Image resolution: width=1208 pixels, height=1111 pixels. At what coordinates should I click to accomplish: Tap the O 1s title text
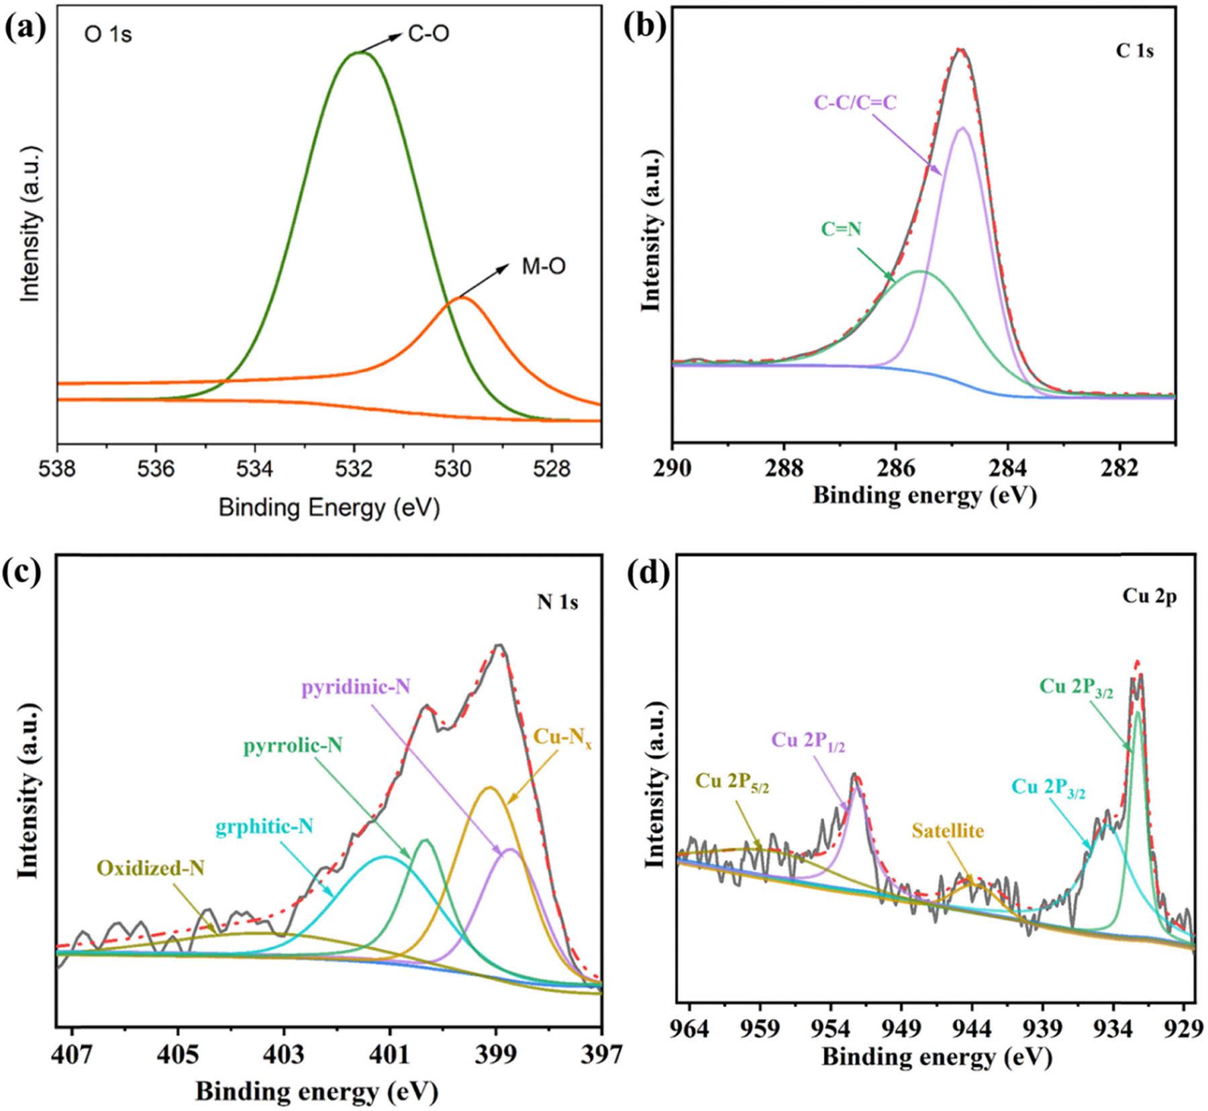[108, 34]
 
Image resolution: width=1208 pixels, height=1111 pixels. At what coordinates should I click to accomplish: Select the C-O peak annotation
[428, 34]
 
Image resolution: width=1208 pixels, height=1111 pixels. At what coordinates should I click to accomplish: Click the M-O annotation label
[544, 267]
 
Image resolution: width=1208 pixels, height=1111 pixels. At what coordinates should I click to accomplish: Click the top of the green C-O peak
[359, 52]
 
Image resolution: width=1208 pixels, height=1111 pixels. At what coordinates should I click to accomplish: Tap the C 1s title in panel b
[1134, 51]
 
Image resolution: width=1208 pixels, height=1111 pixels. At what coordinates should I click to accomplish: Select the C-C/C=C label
[855, 102]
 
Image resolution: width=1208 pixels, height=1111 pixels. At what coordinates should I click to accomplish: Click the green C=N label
[841, 229]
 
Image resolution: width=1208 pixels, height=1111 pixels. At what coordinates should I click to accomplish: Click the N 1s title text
[557, 602]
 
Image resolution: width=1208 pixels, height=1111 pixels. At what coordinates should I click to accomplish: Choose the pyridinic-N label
[356, 687]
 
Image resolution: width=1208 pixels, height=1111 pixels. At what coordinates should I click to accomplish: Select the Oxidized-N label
[150, 868]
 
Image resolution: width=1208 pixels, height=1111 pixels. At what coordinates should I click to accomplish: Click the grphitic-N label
[264, 826]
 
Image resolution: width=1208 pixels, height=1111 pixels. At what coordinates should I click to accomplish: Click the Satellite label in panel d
[948, 830]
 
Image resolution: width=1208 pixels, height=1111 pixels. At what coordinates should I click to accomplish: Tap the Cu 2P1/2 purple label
[808, 740]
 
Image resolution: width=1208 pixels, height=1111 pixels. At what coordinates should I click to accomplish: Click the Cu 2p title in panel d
[1149, 597]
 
